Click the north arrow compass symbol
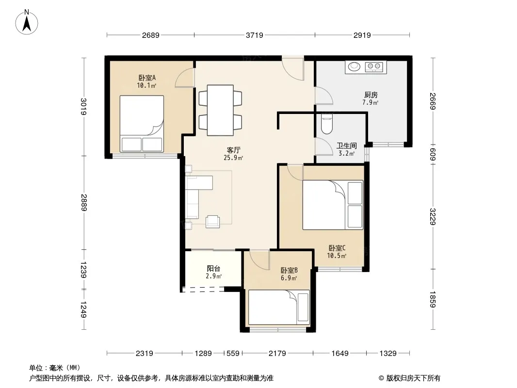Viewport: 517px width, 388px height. coord(27,22)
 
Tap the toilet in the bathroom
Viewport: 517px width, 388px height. coord(327,124)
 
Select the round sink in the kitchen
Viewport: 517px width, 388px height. coord(355,66)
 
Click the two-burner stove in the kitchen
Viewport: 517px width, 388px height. coord(374,67)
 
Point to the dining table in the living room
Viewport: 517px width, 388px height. coord(220,110)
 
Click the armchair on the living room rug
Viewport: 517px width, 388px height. coord(213,221)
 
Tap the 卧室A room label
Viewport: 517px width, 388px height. coord(147,78)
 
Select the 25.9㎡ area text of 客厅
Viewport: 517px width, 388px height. coord(233,158)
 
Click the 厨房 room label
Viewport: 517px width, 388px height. coord(371,95)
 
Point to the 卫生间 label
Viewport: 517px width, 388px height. coord(347,145)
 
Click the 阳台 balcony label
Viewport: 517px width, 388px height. coord(213,269)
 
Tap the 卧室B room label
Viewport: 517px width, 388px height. coord(289,270)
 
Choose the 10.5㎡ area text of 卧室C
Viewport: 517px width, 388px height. coord(337,256)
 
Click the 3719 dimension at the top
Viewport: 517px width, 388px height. coord(255,35)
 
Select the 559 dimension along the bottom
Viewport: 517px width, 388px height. coord(233,354)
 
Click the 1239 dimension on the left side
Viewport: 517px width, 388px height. coord(84,270)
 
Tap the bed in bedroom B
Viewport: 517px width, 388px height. coord(279,307)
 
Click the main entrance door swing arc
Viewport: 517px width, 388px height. coord(293,74)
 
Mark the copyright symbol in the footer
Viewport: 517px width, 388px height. coord(381,378)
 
